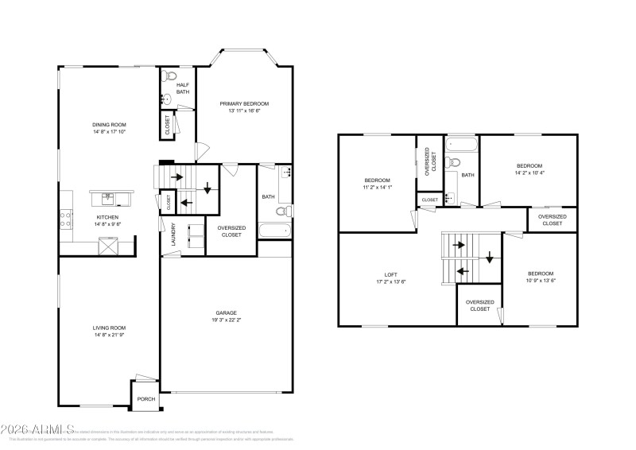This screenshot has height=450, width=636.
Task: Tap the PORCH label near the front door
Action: click(145, 399)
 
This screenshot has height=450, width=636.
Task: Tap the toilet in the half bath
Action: click(167, 78)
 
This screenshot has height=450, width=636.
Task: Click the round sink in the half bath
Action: click(165, 99)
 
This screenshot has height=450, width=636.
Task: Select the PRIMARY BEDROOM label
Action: click(244, 103)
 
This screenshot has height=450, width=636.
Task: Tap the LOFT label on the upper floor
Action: click(390, 274)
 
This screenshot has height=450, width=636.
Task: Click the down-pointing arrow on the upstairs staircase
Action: click(490, 258)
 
